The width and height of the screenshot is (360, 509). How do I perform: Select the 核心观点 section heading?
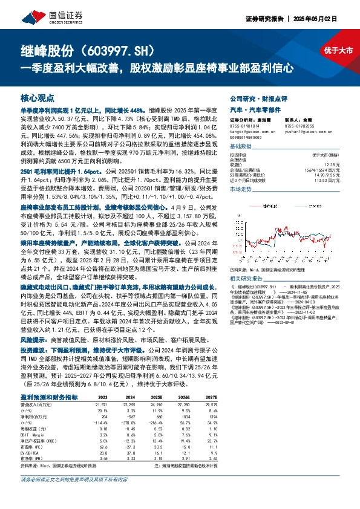pyautogui.click(x=38, y=97)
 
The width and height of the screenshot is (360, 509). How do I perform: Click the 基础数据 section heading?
pyautogui.click(x=240, y=147)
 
